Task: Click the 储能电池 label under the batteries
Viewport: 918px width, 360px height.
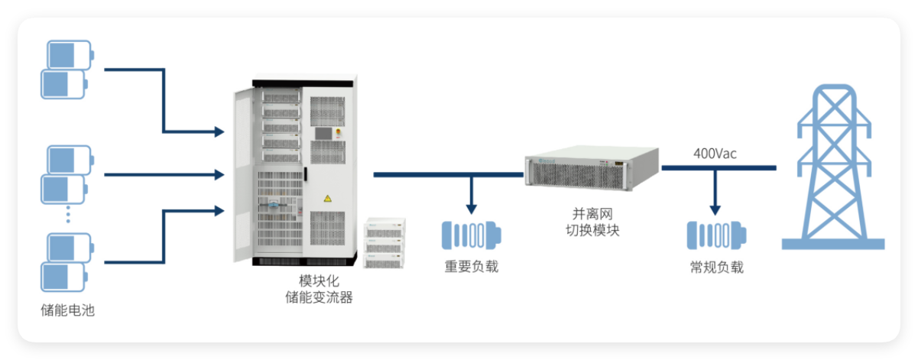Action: [x=67, y=310]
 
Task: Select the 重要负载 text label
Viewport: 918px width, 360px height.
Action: [x=471, y=267]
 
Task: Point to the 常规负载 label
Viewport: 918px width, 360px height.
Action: [x=715, y=267]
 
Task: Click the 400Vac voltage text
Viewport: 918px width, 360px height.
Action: [x=715, y=153]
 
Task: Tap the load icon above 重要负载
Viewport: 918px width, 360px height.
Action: [x=471, y=235]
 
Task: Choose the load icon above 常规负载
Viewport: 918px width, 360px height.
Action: [x=715, y=235]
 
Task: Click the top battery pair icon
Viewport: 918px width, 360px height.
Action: [x=67, y=70]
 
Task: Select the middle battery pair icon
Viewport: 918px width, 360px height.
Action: [x=67, y=174]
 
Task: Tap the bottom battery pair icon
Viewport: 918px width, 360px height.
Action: [x=67, y=261]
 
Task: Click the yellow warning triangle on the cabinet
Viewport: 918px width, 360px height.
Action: [x=328, y=199]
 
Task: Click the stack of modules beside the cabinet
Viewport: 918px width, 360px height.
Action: [x=384, y=243]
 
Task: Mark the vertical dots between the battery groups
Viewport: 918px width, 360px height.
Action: [x=67, y=216]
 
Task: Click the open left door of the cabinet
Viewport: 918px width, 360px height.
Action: [x=244, y=172]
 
